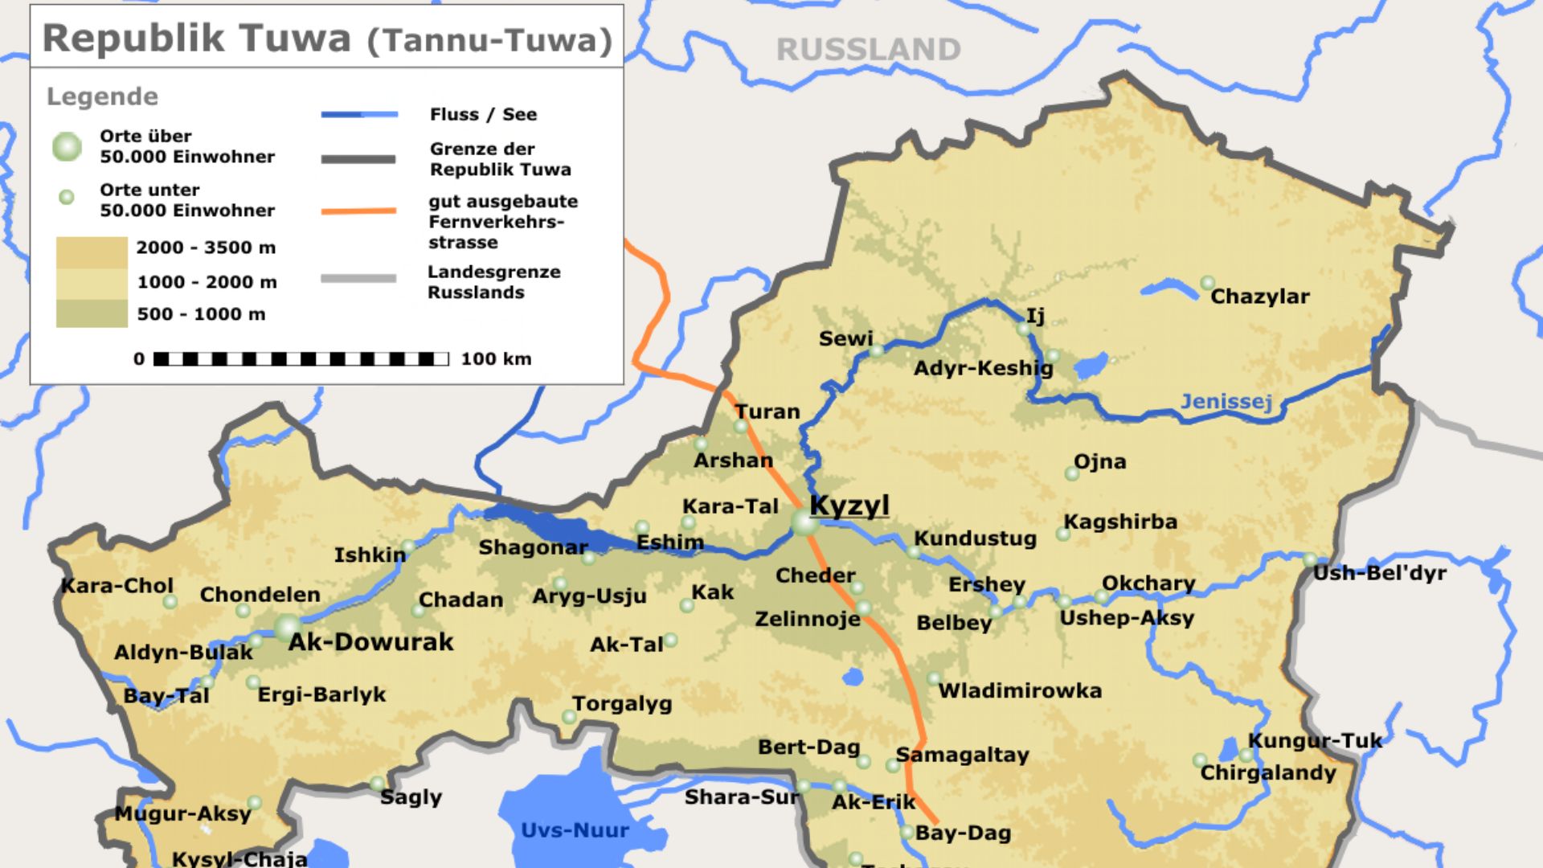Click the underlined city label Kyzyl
tap(849, 506)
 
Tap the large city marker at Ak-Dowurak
tap(288, 628)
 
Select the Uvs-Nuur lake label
tap(575, 830)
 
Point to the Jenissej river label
tap(1226, 401)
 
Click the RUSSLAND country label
tap(868, 50)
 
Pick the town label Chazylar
tap(1259, 297)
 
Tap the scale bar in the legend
tap(301, 358)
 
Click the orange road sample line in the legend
tap(358, 211)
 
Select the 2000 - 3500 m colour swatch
tap(92, 252)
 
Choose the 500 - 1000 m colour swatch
tap(92, 313)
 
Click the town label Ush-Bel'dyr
tap(1379, 573)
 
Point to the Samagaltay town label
tap(962, 755)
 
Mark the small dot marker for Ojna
tap(1072, 473)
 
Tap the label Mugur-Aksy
tap(182, 813)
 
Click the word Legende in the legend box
tap(102, 96)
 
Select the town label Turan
tap(767, 411)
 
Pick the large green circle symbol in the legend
tap(68, 146)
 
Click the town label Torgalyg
tap(622, 704)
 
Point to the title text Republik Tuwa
tap(197, 39)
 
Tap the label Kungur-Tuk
tap(1314, 740)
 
